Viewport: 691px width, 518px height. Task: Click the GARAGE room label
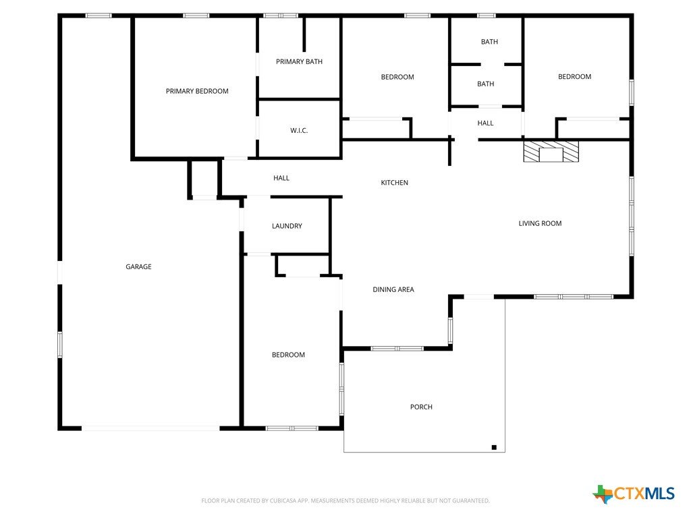138,266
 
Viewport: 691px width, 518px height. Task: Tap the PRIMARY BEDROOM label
197,91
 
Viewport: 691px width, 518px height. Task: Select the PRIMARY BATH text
299,61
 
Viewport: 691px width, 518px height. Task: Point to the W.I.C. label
299,130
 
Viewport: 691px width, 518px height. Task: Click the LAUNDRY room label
287,226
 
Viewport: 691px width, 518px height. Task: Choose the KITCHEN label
394,182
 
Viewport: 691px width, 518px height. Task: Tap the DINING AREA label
393,289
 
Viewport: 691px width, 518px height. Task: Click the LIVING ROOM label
540,223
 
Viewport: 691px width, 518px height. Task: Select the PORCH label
421,407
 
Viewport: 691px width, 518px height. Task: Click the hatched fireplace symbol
551,151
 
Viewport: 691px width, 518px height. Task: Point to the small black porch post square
494,448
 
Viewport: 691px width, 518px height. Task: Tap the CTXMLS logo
633,494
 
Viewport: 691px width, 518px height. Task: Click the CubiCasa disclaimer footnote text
345,501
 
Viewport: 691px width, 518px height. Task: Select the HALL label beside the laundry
281,178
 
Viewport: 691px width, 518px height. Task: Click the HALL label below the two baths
485,123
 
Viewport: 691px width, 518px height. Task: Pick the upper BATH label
489,42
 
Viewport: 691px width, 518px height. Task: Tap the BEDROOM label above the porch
288,355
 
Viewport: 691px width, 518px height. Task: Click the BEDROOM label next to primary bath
397,77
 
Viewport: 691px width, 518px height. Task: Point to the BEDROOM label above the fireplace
575,77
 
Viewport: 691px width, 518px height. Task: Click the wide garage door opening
150,428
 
